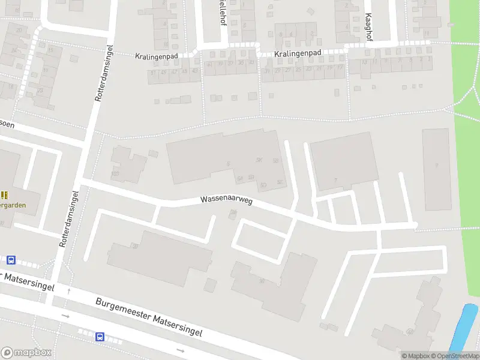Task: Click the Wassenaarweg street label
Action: point(226,200)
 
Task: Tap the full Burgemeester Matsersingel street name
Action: point(149,316)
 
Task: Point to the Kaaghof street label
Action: point(369,28)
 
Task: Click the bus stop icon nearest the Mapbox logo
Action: point(100,337)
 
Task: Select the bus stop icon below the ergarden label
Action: point(11,260)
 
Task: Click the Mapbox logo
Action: point(26,353)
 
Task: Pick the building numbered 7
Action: point(336,180)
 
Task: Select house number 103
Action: point(115,175)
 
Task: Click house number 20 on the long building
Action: point(136,246)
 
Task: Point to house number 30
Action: point(262,281)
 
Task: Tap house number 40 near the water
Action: point(410,331)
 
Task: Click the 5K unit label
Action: point(259,160)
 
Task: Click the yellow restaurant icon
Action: point(5,195)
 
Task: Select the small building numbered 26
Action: point(233,212)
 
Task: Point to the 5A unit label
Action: point(239,178)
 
